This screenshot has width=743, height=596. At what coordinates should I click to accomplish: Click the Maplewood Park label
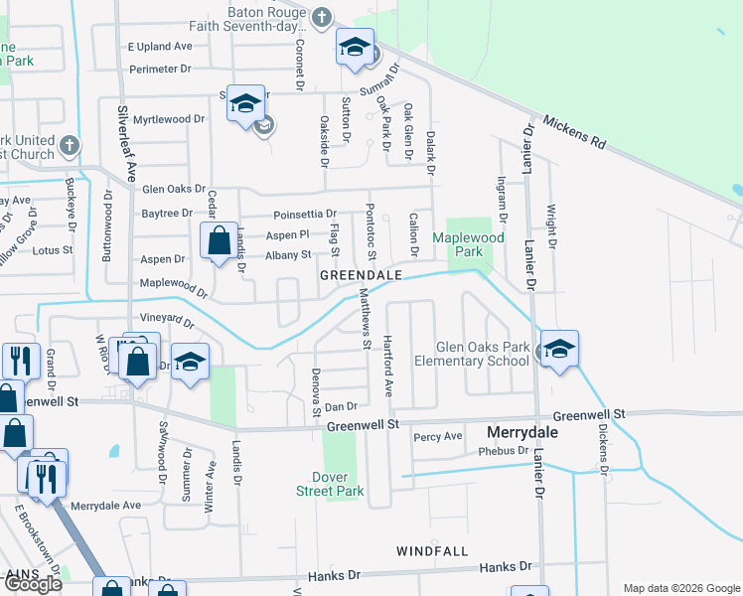click(468, 244)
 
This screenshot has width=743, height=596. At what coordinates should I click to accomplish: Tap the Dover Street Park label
click(330, 483)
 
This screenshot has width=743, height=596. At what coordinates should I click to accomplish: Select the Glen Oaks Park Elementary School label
click(484, 354)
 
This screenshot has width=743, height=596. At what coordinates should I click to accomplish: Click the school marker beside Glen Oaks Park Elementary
click(560, 350)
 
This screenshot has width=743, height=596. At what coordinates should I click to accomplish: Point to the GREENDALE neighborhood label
click(361, 274)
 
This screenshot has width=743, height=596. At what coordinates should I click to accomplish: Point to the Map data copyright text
click(681, 588)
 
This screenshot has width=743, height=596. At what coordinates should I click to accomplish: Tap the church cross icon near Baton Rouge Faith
click(321, 16)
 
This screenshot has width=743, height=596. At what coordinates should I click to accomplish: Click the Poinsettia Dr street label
click(304, 214)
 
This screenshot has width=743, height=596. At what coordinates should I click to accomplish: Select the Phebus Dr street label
click(504, 450)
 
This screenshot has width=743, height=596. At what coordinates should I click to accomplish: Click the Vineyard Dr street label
click(167, 319)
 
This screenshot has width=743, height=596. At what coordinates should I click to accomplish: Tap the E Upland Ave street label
click(159, 47)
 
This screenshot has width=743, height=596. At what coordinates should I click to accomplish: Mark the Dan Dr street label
click(341, 406)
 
